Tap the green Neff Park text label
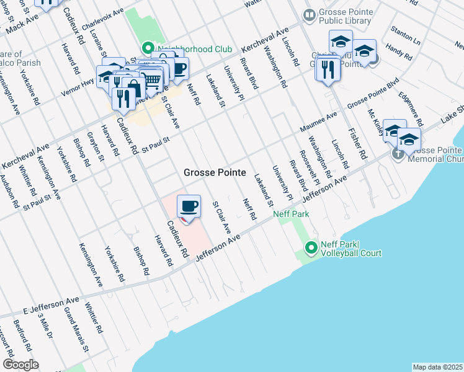pos(291,215)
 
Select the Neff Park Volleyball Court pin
pos(311,249)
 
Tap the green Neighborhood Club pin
pos(148,48)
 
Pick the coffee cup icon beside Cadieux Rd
pos(189,206)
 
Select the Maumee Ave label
pos(319,120)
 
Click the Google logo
pos(20,365)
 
